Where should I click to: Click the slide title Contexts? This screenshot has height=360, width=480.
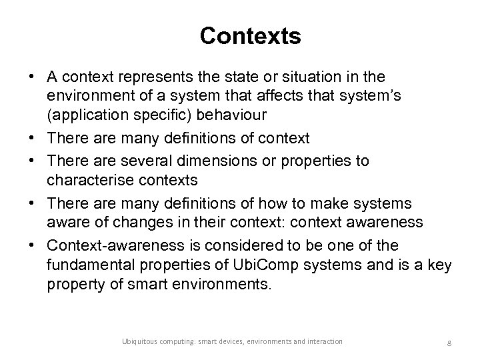click(x=250, y=36)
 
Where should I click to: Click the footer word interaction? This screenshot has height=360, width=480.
click(x=325, y=341)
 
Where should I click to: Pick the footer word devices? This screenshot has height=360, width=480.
click(x=227, y=341)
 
